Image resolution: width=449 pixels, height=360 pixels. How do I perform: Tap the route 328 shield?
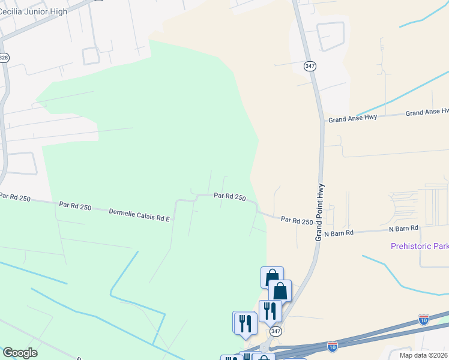tap(4, 58)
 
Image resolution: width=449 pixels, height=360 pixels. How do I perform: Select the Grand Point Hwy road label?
tap(320, 212)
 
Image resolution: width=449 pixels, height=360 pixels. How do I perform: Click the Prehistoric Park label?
tap(419, 246)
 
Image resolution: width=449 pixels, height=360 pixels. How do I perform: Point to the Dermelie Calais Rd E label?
tap(139, 215)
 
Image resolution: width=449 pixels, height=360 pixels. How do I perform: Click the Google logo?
tap(20, 352)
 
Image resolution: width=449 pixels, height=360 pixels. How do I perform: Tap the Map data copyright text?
tap(423, 355)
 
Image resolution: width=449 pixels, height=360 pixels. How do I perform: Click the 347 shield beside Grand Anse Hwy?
tap(310, 66)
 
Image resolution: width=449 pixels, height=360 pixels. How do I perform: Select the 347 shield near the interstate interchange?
tap(276, 331)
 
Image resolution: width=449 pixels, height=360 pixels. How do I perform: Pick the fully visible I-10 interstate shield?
tap(333, 346)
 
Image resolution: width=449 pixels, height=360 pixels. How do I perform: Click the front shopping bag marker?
tap(280, 291)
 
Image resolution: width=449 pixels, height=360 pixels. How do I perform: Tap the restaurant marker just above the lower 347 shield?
tap(270, 310)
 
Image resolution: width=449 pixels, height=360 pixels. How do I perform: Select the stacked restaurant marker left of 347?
tap(246, 323)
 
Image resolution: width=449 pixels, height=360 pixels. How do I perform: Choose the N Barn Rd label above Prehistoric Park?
tap(403, 229)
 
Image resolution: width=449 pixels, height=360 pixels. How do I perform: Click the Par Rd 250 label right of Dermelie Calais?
tap(230, 196)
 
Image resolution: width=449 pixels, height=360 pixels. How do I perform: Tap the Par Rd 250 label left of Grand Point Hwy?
tap(297, 221)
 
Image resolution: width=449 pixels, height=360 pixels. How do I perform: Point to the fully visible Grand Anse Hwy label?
tap(352, 118)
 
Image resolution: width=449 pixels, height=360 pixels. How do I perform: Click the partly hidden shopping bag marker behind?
tap(271, 277)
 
